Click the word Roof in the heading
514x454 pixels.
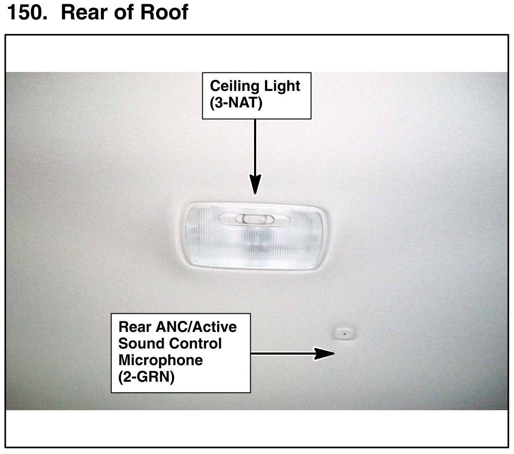click(164, 12)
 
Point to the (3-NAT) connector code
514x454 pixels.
click(236, 103)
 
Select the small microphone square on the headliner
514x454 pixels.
click(344, 333)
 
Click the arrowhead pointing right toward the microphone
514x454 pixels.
click(324, 354)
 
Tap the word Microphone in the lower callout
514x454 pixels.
click(160, 361)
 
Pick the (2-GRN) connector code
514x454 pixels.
click(146, 377)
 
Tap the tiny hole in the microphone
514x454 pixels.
click(344, 333)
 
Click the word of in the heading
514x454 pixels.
click(125, 12)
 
